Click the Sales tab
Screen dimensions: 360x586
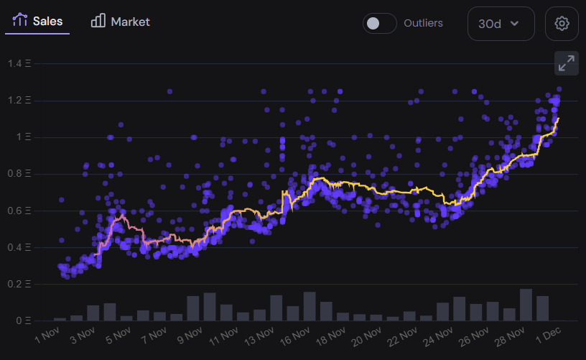37,22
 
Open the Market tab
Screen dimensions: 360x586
121,22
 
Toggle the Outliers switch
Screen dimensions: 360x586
379,23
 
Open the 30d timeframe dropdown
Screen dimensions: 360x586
501,24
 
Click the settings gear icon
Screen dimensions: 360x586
562,24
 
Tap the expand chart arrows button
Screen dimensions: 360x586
567,63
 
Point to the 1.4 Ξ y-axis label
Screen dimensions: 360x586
20,63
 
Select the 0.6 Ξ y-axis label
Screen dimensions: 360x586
20,211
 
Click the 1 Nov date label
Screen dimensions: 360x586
47,336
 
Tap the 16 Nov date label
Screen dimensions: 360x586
293,336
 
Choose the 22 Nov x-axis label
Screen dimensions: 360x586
399,336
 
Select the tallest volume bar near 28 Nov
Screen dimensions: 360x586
526,305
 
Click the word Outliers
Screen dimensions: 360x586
423,23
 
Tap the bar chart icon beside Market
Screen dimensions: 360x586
98,21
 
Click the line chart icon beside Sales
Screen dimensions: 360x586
20,21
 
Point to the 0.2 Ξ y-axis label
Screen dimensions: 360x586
20,284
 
